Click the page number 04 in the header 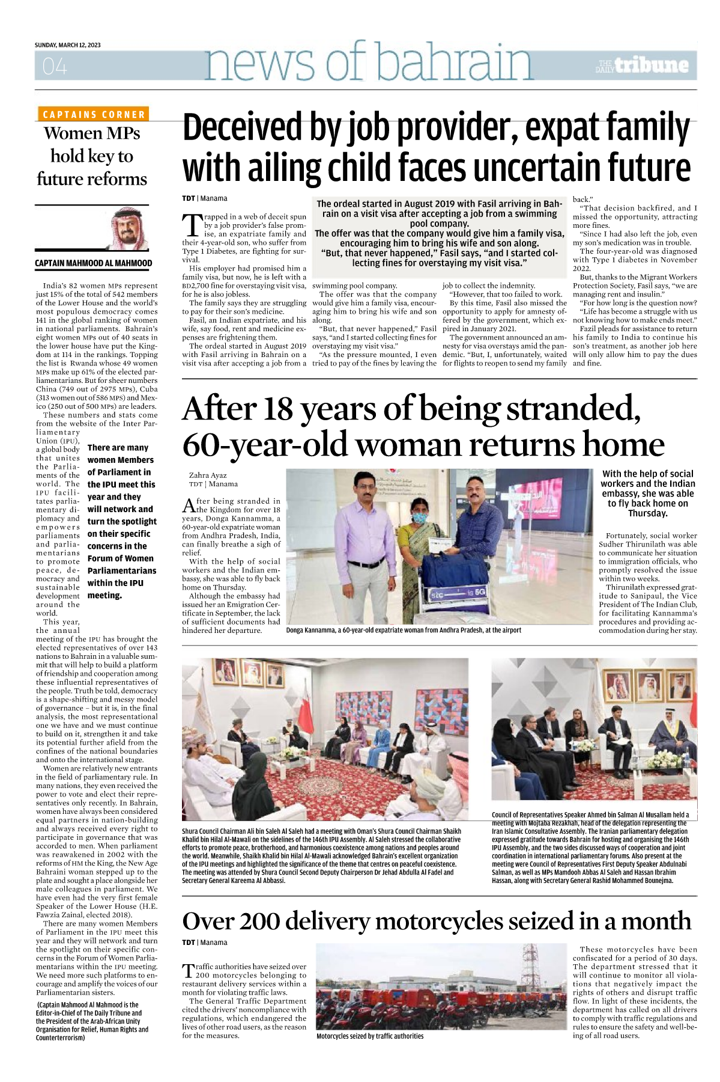pos(55,67)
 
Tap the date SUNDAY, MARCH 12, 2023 pos(68,45)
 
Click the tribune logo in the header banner pos(643,66)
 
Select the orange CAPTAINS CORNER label pos(94,114)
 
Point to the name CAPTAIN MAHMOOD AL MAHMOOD pos(94,263)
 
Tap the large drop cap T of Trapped pos(192,225)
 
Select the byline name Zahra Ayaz pos(208,475)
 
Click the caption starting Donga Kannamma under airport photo pos(404,630)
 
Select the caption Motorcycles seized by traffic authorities pos(370,1036)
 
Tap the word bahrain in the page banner pos(455,62)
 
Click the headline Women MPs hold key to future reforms pos(92,156)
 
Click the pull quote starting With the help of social pos(647,494)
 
